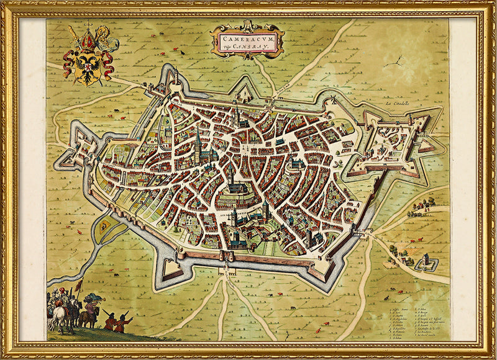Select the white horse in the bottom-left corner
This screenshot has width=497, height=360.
click(x=59, y=317)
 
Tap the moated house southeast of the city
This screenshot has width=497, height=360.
click(x=427, y=263)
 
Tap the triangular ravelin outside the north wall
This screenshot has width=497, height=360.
click(x=244, y=92)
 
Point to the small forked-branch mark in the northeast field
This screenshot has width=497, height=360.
click(x=393, y=62)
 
